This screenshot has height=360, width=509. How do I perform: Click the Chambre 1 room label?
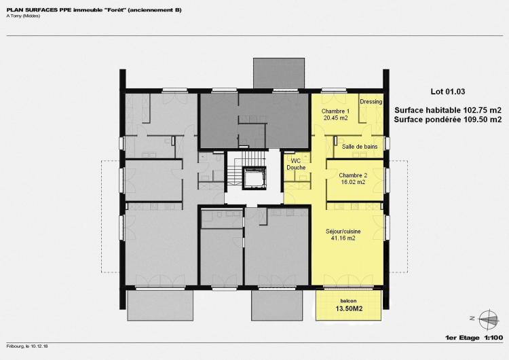(335, 111)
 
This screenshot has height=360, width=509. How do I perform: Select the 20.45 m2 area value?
(336, 118)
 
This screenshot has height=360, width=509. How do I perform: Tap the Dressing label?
(371, 102)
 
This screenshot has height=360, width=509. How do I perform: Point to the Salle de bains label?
(360, 147)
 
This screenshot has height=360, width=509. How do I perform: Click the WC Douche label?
(296, 164)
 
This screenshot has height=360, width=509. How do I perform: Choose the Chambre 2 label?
(353, 175)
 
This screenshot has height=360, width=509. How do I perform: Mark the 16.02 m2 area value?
(353, 182)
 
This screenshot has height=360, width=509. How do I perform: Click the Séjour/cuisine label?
(343, 232)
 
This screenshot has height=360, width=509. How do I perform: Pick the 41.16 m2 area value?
(343, 238)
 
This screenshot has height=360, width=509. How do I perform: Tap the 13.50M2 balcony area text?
(349, 308)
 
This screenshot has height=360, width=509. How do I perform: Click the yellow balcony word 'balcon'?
(348, 301)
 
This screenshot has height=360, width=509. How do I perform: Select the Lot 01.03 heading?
(448, 92)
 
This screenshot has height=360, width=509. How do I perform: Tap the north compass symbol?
(489, 319)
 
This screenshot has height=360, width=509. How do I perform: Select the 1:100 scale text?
(493, 338)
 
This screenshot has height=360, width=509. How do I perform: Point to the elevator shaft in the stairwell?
(254, 178)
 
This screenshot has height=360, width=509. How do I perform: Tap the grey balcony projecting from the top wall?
(279, 73)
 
